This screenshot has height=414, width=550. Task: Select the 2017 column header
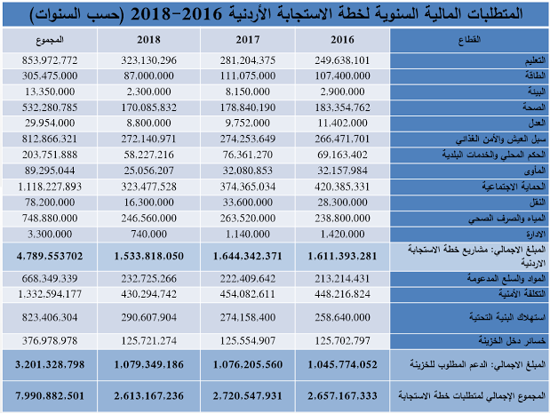point(246,40)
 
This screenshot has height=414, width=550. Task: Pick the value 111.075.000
point(246,76)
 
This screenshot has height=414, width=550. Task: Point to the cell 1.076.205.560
point(246,362)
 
